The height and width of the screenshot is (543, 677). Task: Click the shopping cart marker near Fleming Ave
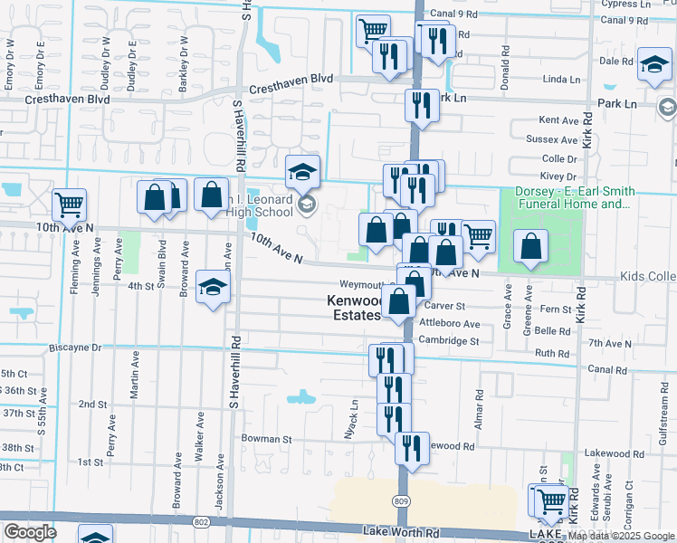point(69,205)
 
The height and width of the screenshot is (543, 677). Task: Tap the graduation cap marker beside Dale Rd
point(654,64)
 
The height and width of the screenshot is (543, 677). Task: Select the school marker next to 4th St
point(213,287)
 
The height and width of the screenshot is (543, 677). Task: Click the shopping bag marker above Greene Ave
point(530,245)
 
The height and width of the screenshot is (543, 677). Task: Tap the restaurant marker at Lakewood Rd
point(412,448)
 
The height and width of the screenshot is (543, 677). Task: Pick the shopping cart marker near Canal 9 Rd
point(373,31)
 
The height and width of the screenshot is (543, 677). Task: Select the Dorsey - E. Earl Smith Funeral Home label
point(574,197)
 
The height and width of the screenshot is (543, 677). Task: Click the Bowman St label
point(266,439)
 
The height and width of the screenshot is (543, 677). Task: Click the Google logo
point(30,532)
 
